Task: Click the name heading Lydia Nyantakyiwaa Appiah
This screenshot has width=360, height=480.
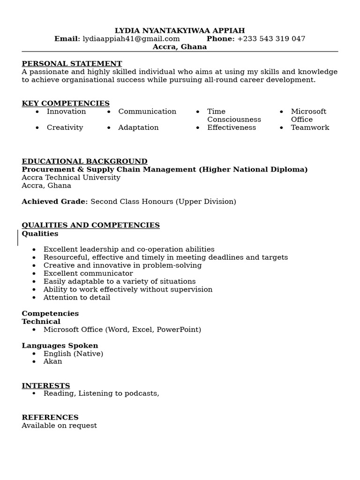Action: coord(180,31)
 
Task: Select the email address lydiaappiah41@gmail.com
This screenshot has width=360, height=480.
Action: coord(131,39)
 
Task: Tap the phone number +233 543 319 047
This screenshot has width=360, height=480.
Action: coord(271,39)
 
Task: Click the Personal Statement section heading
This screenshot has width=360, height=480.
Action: coord(72,64)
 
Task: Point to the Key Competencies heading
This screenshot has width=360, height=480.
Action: coord(66,104)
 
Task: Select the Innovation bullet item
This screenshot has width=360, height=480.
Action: coord(66,112)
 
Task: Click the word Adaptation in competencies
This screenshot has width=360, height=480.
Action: coord(138,127)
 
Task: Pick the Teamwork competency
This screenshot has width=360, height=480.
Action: coord(310,127)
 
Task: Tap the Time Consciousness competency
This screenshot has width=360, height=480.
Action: coord(233,115)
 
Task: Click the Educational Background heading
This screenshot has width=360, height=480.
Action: coord(84,162)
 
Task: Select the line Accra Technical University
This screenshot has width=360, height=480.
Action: coord(71,178)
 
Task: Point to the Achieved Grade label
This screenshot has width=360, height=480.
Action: coord(55,202)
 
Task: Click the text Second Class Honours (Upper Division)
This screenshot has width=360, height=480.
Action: coord(163,202)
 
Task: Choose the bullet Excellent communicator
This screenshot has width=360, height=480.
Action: coord(88,273)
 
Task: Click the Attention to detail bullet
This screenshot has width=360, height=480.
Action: coord(77,297)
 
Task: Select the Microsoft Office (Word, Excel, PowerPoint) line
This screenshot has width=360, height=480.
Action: coord(122,330)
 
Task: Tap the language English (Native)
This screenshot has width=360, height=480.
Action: coord(73,353)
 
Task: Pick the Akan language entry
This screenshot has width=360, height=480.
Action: coord(52,361)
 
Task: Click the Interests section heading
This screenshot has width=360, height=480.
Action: coord(46,386)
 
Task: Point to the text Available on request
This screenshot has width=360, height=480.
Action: coord(59,426)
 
